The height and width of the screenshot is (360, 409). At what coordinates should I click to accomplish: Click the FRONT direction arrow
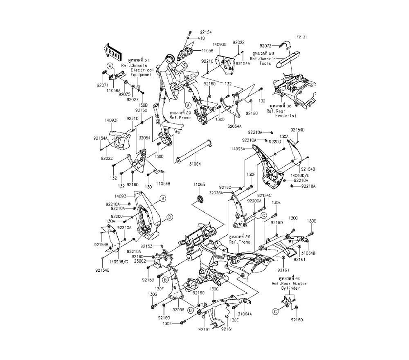tap(113, 52)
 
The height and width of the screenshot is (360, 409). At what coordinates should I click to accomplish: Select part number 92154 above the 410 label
tap(206, 32)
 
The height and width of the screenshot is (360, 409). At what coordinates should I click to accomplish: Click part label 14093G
tap(220, 44)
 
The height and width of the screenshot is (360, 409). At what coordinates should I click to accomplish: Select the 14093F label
tap(111, 120)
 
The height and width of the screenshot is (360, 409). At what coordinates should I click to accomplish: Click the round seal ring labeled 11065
tap(200, 199)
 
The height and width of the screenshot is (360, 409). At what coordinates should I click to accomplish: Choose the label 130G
tap(152, 294)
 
